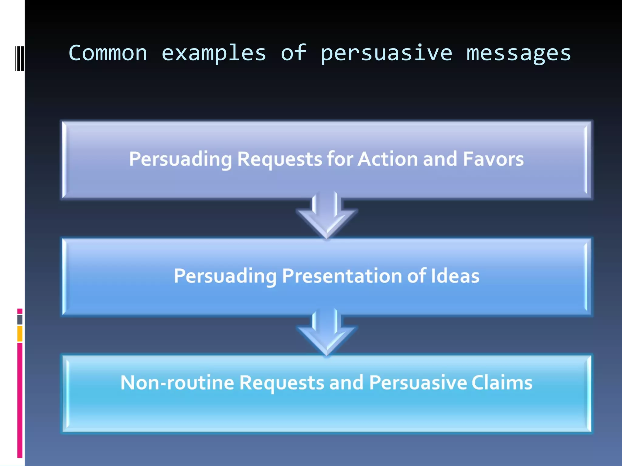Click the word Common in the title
click(108, 53)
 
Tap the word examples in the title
click(214, 53)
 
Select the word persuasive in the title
click(386, 53)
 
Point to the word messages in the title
click(519, 53)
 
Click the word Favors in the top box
click(493, 159)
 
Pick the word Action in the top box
click(388, 159)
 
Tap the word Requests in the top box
click(279, 159)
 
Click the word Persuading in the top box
click(180, 159)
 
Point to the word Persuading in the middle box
click(225, 276)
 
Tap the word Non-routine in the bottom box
click(177, 383)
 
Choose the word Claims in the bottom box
click(502, 383)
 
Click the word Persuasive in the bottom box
click(418, 383)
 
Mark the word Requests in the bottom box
click(282, 383)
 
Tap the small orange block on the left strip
click(20, 334)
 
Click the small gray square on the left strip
click(20, 319)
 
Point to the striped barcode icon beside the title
click(20, 58)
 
